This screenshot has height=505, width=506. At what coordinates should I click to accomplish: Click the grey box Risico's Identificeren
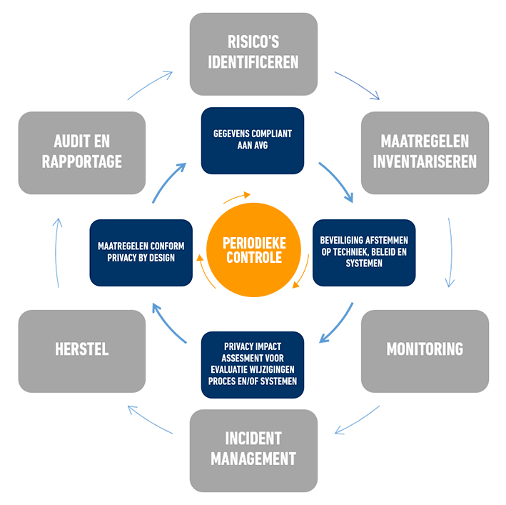tap(253, 54)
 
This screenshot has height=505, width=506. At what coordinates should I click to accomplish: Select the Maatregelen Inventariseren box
tap(425, 152)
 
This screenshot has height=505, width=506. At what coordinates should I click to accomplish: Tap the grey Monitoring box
tap(425, 350)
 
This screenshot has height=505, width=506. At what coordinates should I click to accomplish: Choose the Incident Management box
tap(253, 449)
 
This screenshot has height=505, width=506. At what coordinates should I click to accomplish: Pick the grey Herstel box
tap(81, 350)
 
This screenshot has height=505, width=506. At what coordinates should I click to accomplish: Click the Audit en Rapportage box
tap(81, 152)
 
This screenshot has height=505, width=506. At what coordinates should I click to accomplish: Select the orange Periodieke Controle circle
tap(253, 251)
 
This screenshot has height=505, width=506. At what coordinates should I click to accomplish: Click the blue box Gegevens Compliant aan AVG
tap(253, 140)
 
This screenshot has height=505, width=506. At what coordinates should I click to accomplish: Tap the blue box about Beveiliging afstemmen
tap(364, 251)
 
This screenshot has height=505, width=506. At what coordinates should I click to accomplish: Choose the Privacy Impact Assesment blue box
tap(253, 364)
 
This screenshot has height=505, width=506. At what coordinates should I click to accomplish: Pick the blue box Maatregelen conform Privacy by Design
tap(141, 251)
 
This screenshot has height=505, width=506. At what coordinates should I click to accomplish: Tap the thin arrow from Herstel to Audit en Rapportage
tap(57, 251)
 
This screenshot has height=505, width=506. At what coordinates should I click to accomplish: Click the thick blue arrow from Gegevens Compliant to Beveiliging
tap(336, 181)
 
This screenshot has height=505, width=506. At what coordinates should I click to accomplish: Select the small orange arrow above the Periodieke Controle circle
tap(238, 196)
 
